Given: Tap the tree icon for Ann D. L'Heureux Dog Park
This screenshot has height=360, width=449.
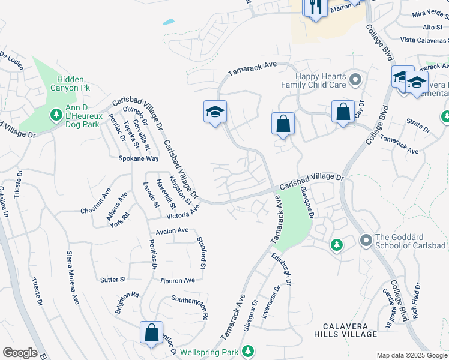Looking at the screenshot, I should [x=56, y=113].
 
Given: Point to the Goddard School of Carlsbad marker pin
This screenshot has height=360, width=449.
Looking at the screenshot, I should [x=366, y=241].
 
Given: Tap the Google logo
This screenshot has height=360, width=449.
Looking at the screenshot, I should [x=20, y=353].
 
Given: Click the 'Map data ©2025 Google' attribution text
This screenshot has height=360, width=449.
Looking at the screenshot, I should [x=411, y=355].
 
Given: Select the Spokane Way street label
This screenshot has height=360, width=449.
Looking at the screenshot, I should [x=138, y=159].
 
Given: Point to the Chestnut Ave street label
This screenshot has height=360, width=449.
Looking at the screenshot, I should [x=96, y=202].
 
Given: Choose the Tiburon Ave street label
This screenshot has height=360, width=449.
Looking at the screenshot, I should [x=177, y=280].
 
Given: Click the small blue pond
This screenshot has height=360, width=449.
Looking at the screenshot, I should [x=168, y=22].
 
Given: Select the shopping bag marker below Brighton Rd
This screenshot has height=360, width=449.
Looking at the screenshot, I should [x=152, y=332].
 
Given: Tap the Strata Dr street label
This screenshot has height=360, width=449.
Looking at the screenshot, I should [x=418, y=129].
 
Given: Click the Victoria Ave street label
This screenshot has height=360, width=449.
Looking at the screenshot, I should [x=183, y=215].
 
